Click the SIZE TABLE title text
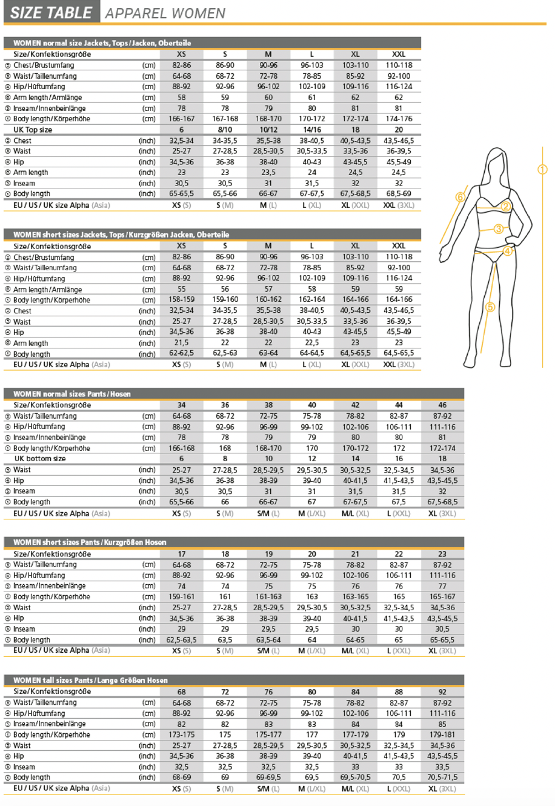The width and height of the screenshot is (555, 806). (x=51, y=13)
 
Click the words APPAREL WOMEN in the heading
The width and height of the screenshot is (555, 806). (x=165, y=13)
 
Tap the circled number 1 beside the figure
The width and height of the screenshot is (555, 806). (x=542, y=170)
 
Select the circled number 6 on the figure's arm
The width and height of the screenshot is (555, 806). (x=460, y=197)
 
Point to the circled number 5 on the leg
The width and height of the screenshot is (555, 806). (x=490, y=307)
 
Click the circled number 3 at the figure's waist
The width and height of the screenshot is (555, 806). (x=499, y=229)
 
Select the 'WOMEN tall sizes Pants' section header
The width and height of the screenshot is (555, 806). (x=90, y=680)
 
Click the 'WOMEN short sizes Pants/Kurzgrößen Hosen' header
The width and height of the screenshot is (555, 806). (x=90, y=542)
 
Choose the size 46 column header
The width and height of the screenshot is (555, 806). (x=442, y=405)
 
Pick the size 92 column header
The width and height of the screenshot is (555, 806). (x=442, y=691)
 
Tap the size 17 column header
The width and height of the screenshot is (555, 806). (x=181, y=554)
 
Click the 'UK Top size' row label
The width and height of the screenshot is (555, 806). (x=33, y=130)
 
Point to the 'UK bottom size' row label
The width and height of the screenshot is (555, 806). (x=40, y=459)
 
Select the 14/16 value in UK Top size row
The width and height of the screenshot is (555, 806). (x=311, y=130)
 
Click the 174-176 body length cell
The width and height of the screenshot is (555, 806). (x=398, y=119)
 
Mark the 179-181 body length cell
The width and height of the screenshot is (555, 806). (x=442, y=734)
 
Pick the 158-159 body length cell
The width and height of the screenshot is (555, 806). (x=181, y=300)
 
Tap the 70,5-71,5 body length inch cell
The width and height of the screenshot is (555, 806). (x=442, y=778)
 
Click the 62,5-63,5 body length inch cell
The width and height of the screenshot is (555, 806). (x=181, y=640)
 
